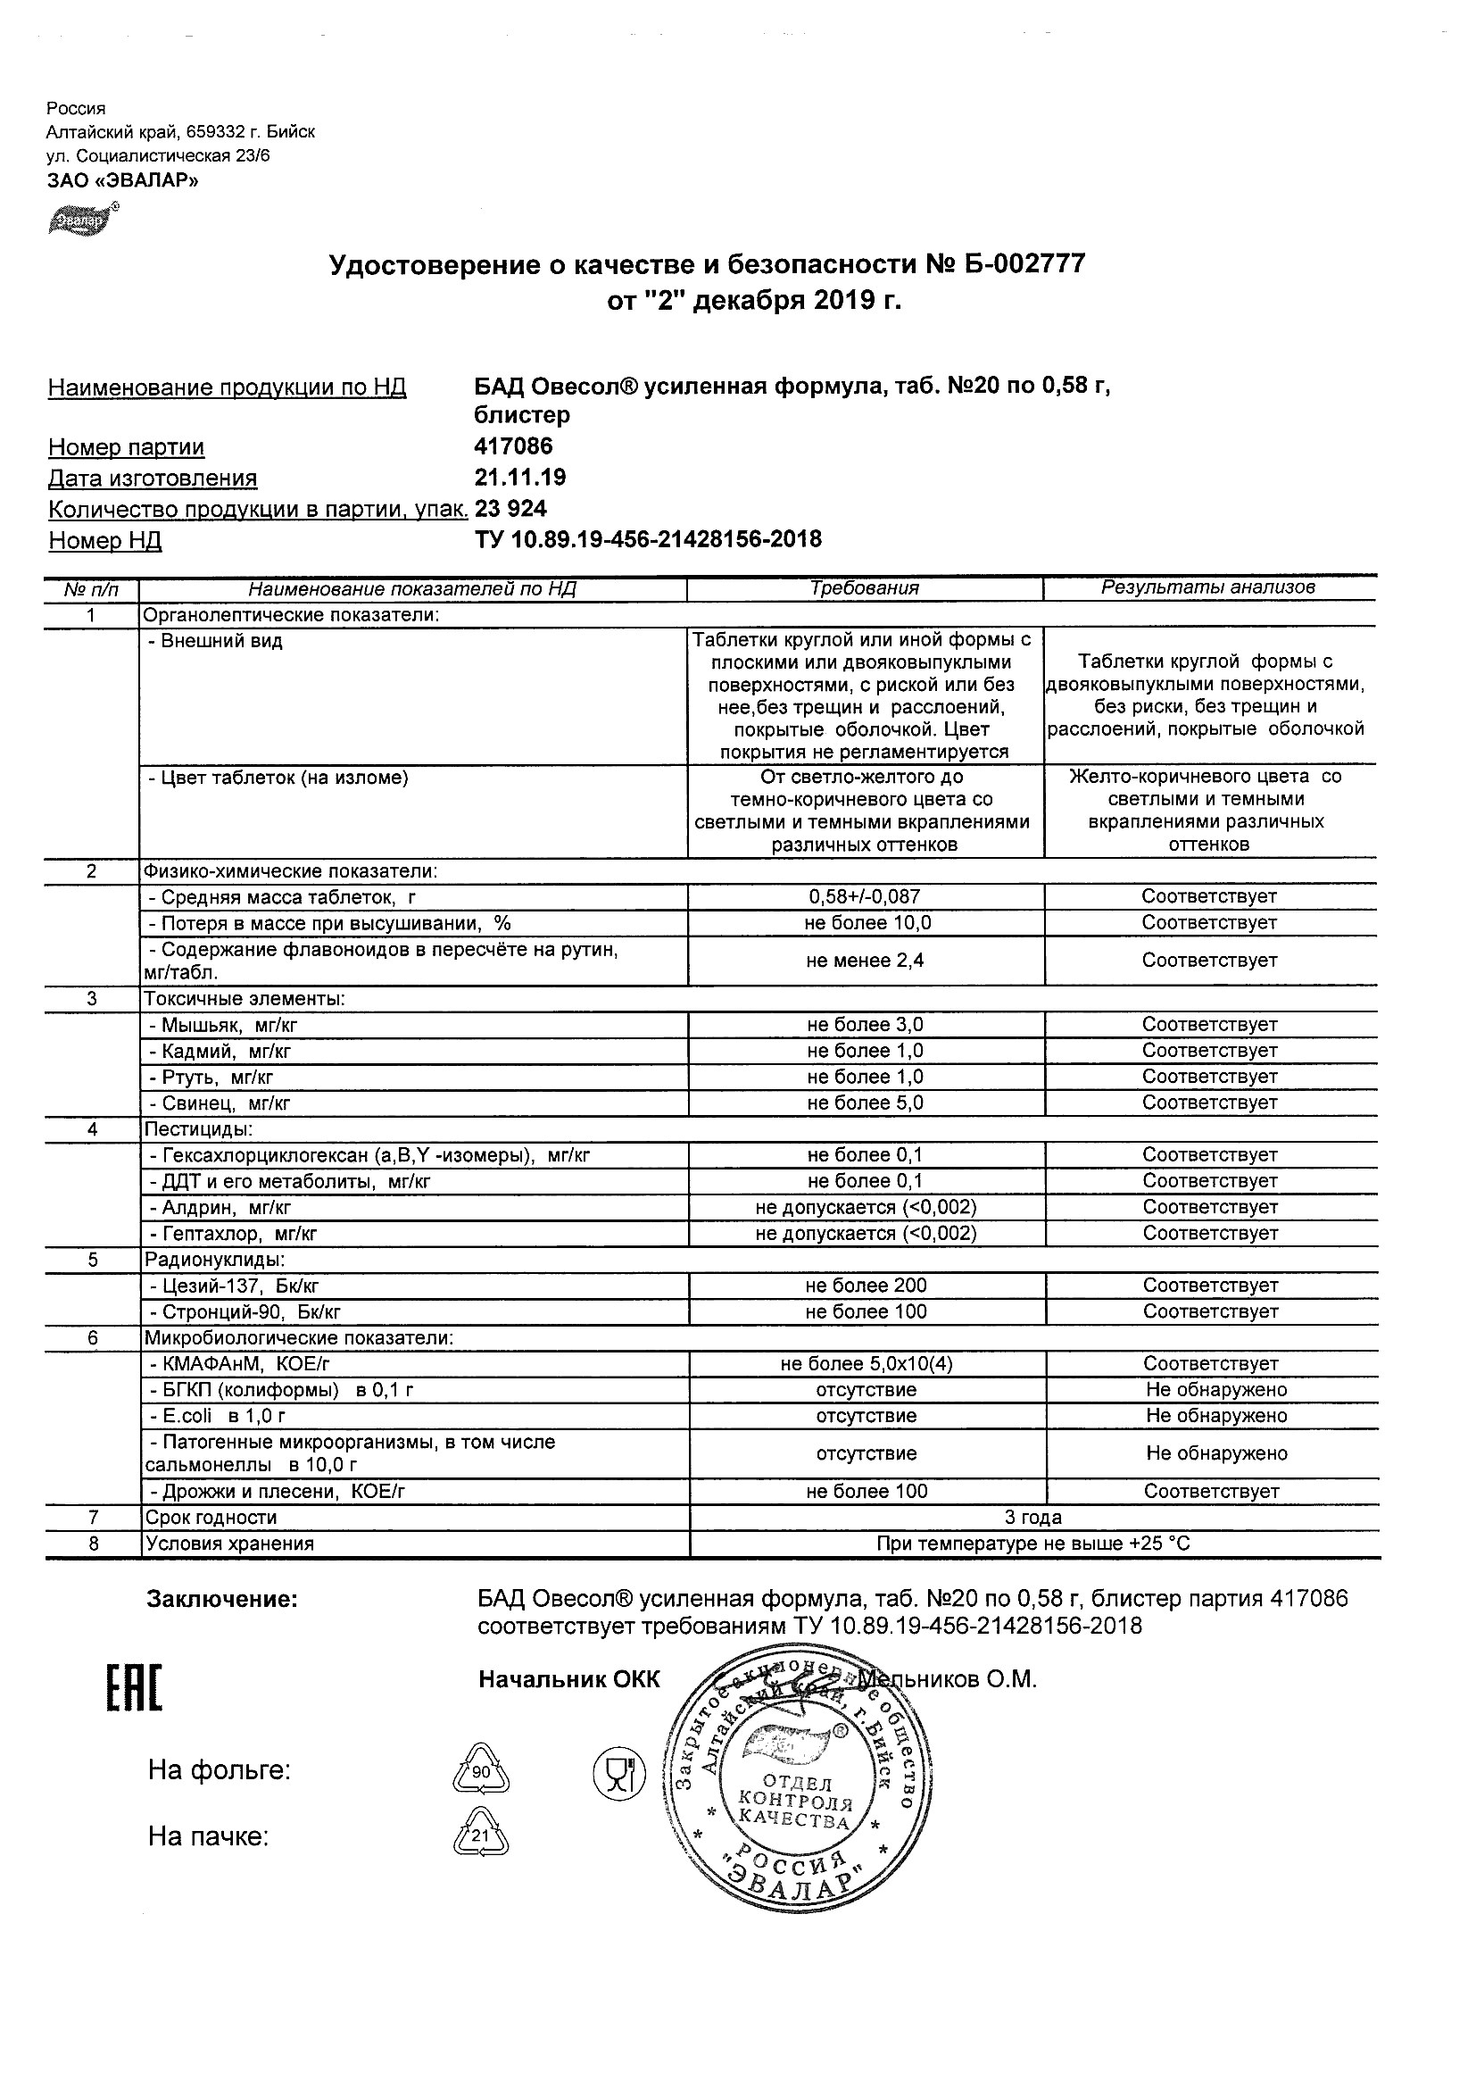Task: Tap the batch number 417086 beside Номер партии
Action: [x=514, y=446]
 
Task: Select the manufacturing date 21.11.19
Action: [x=520, y=478]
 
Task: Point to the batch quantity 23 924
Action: [x=511, y=509]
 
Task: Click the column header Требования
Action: [x=864, y=588]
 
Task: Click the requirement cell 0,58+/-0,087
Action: [x=864, y=897]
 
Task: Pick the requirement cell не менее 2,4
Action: [x=864, y=961]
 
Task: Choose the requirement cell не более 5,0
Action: [x=864, y=1103]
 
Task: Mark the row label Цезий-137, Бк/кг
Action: [x=233, y=1286]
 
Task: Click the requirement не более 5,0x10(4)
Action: [x=866, y=1364]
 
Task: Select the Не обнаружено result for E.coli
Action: [x=1216, y=1417]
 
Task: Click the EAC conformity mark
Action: [x=135, y=1690]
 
